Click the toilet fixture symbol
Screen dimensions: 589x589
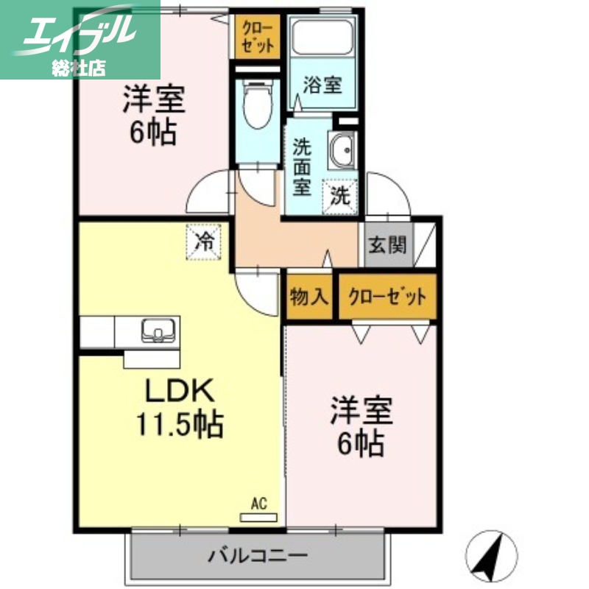point(256,107)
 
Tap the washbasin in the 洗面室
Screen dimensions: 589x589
point(342,152)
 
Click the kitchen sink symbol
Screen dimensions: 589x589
point(158,331)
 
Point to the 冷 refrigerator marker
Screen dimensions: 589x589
point(205,241)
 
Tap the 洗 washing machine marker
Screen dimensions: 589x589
point(340,197)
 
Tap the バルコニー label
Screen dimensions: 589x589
point(257,554)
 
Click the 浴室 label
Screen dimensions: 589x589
point(322,85)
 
